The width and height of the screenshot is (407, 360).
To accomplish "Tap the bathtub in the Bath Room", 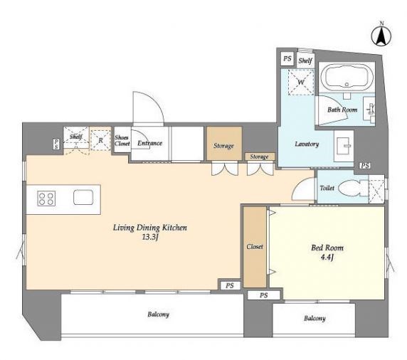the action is [347, 77].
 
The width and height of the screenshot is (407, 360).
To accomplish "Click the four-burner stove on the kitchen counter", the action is [46, 198].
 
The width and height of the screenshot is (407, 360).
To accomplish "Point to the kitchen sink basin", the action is [83, 197].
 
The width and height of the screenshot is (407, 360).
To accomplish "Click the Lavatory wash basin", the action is [344, 146].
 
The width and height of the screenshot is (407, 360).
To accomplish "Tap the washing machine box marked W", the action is [301, 83].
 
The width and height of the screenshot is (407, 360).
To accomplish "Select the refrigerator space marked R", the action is [101, 140].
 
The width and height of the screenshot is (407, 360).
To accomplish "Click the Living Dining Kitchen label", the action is [150, 228].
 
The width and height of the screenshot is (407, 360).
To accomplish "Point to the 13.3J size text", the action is [150, 237].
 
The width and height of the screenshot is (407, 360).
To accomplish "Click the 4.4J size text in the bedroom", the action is [327, 258].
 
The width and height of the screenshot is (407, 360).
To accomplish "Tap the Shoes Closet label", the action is [122, 140].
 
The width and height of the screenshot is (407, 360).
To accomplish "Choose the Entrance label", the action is [149, 143].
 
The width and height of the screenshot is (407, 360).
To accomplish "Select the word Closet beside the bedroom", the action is [255, 247].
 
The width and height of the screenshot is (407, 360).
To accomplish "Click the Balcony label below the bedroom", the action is [314, 318].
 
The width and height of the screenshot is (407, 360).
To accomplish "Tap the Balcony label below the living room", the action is [159, 314].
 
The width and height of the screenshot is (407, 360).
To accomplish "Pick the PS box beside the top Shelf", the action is [287, 58].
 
